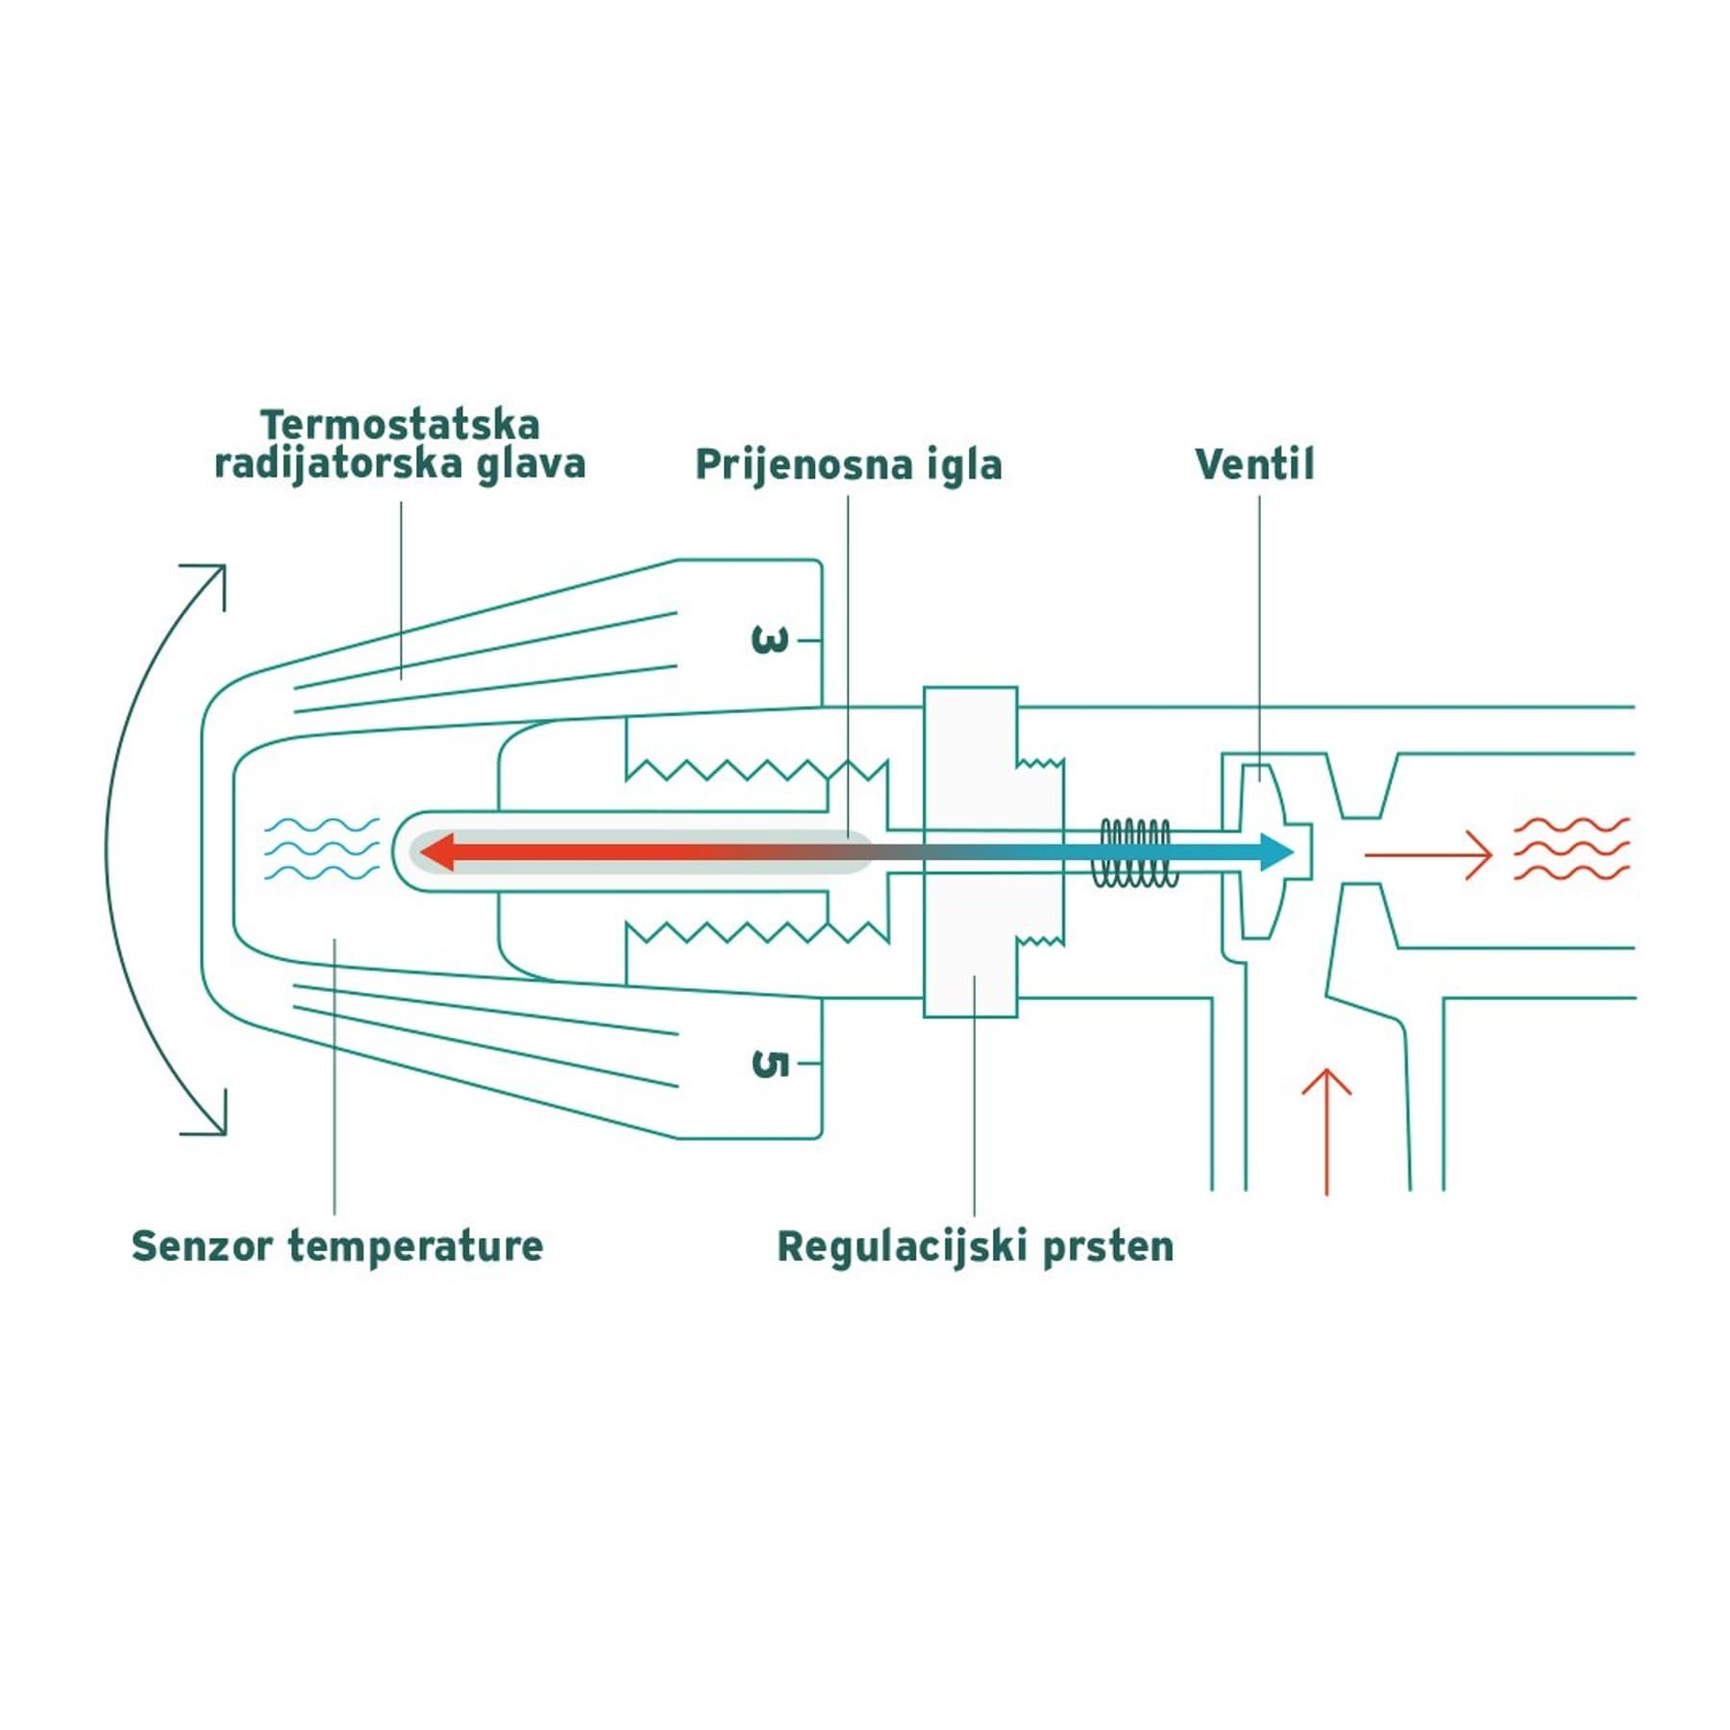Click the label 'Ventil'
click(1254, 464)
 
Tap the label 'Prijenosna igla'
click(849, 465)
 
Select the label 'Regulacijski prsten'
click(976, 1248)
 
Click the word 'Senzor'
click(204, 1246)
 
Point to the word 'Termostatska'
click(400, 425)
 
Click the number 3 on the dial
click(769, 640)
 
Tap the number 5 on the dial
click(769, 1064)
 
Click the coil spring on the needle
click(1134, 853)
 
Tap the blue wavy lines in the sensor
click(321, 850)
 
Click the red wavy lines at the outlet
click(1571, 849)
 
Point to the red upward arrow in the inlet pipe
click(1326, 1131)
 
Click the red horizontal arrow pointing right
click(1428, 853)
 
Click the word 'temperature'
click(416, 1248)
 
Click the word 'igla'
click(964, 465)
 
